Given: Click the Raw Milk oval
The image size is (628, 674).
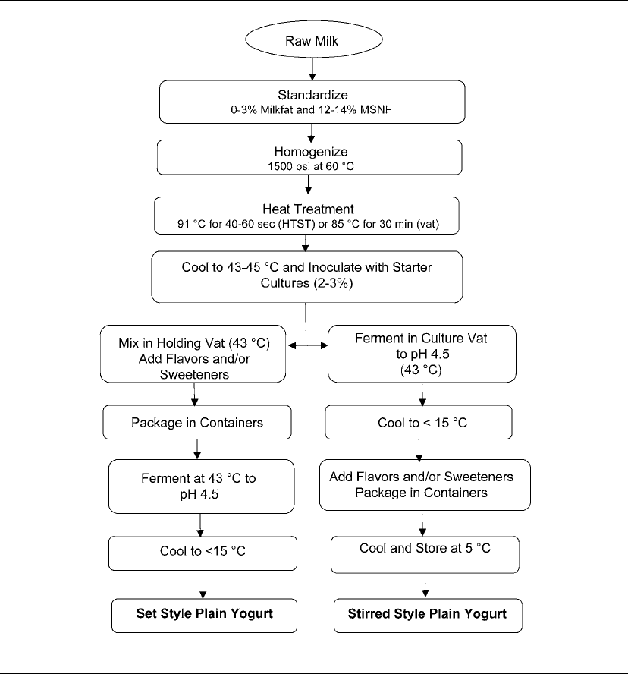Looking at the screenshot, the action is tap(313, 39).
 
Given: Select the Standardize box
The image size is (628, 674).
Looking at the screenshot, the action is tap(312, 102).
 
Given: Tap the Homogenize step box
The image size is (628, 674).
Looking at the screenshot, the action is tap(309, 157).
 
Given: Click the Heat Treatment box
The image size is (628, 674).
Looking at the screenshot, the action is tap(306, 216).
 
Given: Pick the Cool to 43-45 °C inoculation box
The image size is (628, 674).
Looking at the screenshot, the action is tap(306, 277).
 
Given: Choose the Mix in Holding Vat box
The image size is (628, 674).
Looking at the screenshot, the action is tap(193, 354).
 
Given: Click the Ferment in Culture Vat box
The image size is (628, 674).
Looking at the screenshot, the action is tap(422, 354).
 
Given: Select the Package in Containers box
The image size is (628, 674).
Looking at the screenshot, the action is tap(196, 422).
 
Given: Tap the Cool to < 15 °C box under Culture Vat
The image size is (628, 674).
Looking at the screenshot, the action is tap(419, 422).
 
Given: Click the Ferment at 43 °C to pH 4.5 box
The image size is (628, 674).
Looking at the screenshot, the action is tap(202, 487).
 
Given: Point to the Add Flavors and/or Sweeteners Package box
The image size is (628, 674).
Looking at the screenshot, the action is tap(425, 485).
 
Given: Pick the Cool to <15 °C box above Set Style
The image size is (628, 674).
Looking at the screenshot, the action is tap(203, 553).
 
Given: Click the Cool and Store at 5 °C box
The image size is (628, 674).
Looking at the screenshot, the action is tap(425, 555).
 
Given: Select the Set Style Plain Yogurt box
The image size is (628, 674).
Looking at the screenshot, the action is tap(204, 616).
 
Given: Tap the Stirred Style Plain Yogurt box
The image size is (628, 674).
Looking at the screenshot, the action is tap(428, 616).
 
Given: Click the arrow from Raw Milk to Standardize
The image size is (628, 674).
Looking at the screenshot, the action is tap(312, 69).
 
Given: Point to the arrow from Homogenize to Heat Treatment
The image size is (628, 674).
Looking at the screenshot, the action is tap(308, 185).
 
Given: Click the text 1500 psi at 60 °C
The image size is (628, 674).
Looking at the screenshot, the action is tap(311, 166).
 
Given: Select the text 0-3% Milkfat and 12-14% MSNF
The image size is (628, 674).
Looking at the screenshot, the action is tap(311, 109).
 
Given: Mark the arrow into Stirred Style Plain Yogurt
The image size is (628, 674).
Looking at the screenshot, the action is tap(425, 585).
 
